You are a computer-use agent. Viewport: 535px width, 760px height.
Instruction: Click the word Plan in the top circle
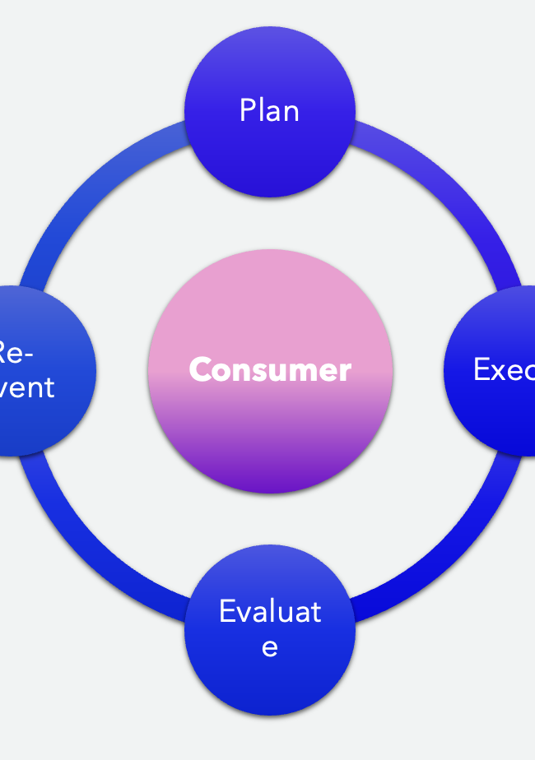[269, 110]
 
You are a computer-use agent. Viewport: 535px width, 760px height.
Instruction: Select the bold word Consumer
[270, 370]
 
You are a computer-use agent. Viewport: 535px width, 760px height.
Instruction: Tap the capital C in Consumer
[200, 370]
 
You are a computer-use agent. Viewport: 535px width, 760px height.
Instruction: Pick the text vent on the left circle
[27, 387]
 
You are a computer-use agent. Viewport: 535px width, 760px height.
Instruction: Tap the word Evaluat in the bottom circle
[270, 612]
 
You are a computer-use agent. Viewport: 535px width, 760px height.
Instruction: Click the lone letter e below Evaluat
[269, 647]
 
